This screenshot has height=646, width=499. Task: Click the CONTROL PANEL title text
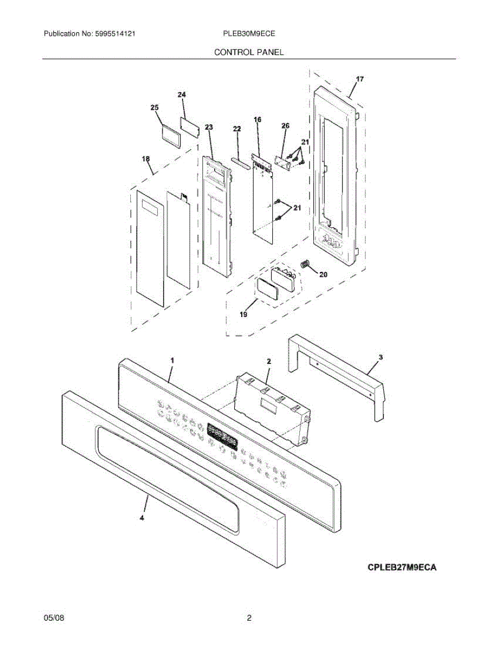point(249,52)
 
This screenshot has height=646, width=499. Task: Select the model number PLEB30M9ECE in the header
point(249,33)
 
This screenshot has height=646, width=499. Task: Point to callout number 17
point(359,79)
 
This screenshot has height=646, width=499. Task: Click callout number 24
point(181,95)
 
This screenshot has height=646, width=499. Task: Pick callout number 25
point(154,108)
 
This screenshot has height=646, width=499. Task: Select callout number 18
point(145,159)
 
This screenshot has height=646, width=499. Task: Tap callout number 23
point(208,127)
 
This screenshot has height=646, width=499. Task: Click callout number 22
point(237,129)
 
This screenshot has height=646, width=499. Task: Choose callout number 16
point(257,120)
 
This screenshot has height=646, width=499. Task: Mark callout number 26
point(285,125)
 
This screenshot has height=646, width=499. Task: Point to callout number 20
point(323,275)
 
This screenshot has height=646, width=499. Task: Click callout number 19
point(243,315)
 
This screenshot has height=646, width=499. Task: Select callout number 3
point(381,357)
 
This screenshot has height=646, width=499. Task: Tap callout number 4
point(142,518)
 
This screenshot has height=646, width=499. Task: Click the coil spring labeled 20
point(305,264)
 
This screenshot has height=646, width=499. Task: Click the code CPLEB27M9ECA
point(402,567)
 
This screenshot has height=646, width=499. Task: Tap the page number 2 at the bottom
point(249,619)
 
